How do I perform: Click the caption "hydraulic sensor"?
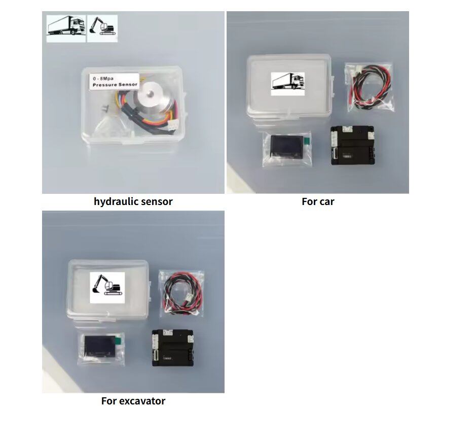point(133,201)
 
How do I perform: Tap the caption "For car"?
point(318,201)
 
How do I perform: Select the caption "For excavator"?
point(133,401)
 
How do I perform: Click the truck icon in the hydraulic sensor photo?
point(65,26)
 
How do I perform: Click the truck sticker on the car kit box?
point(287,83)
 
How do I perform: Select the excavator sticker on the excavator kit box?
point(107,287)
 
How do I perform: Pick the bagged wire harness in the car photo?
point(368,86)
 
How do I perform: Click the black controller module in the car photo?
point(352,146)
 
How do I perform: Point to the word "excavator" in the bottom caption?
point(142,401)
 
